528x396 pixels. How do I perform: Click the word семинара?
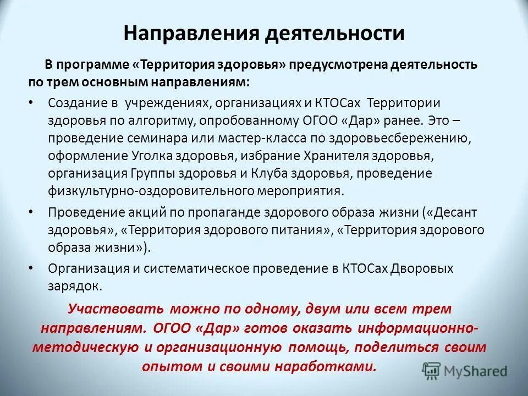(x=159, y=138)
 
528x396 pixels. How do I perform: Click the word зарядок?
(x=74, y=286)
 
